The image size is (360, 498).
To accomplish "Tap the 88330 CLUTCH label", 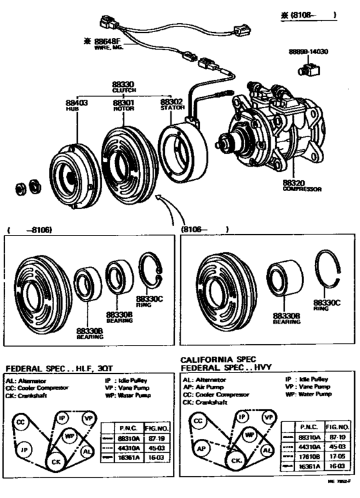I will (123, 87).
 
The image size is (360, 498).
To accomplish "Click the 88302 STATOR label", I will (172, 104).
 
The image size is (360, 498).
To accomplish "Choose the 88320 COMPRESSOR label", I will (301, 185).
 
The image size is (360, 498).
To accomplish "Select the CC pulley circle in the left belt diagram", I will (21, 422).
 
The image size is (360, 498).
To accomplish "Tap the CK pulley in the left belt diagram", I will (57, 461).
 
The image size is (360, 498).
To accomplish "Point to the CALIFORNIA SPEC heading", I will (217, 359).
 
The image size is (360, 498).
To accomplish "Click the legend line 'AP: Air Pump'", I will (206, 387).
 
